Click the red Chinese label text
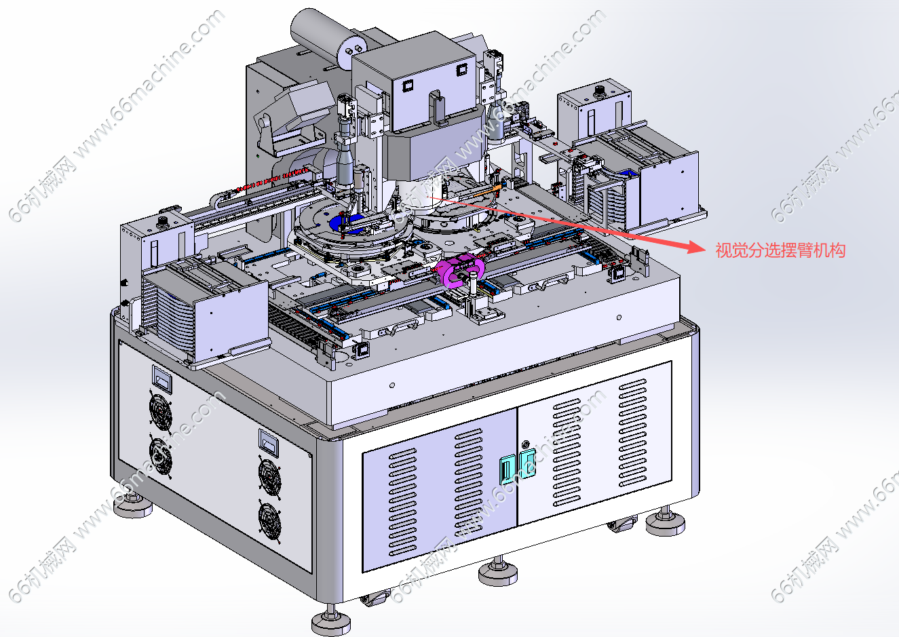[780, 250]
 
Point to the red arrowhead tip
[705, 249]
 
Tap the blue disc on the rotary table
[347, 224]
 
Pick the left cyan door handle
[508, 469]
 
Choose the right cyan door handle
[527, 463]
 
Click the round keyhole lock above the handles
[525, 444]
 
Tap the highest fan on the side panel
[161, 410]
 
